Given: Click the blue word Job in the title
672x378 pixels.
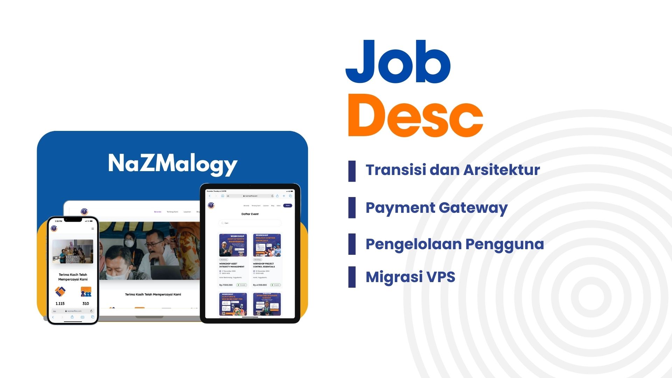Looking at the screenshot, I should coord(398,62).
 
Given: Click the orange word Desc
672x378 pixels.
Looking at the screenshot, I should coord(415,115).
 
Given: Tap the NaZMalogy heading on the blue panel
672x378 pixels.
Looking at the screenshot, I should coord(173,164).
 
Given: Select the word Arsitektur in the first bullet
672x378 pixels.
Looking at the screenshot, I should coord(502,170).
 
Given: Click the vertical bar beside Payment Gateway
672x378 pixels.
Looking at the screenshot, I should coord(352,208).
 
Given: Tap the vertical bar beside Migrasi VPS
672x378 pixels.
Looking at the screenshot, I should coord(352,277).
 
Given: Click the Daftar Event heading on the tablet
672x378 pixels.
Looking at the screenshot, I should coord(250,214).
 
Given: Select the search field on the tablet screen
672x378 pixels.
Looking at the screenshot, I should coord(250,223).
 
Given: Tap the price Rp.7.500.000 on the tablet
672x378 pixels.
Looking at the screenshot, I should coord(226,285).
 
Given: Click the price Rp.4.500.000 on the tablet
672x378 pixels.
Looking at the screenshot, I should coord(260,285).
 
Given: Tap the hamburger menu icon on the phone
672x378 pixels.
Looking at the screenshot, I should coord(93,229).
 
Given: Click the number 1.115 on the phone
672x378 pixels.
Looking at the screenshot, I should coord(60,303).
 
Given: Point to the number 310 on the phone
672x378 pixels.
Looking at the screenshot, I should coord(86,303).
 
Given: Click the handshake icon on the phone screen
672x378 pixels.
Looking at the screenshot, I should coord(60,291).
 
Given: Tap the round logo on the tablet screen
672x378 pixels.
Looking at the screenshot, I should coord(211,205).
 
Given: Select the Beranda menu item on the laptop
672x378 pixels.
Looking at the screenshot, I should coord(157,212).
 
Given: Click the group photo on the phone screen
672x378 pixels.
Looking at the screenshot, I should coord(73,251).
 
